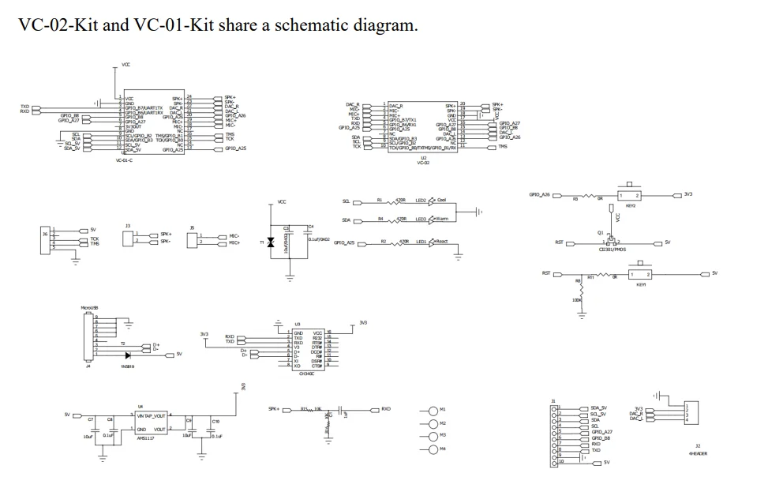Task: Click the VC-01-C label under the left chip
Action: pos(125,160)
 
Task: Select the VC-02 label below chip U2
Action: pos(423,163)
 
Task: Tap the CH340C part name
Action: pos(307,374)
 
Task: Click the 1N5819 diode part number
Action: pos(128,366)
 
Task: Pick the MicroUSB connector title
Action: pos(89,307)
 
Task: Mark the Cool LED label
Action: pos(441,201)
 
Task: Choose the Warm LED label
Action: pos(442,219)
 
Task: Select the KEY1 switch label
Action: pos(641,286)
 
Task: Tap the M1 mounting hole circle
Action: pos(432,410)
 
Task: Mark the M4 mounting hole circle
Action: pos(432,449)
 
